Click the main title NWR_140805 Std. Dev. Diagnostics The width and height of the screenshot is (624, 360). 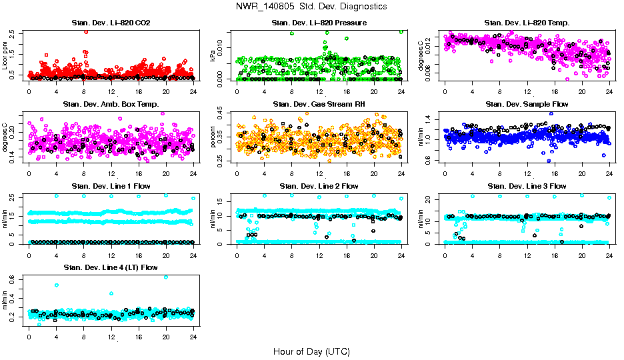click(x=311, y=6)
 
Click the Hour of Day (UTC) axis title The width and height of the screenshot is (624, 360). click(x=311, y=351)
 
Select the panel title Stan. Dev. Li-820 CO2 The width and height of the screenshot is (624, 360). click(x=111, y=23)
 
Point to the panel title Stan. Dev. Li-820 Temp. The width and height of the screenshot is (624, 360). click(x=527, y=23)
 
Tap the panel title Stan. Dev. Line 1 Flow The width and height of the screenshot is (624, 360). click(x=111, y=185)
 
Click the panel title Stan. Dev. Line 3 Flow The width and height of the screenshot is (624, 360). click(x=527, y=185)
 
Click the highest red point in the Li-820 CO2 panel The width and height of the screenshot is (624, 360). click(x=86, y=32)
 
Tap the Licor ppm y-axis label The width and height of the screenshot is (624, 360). click(x=5, y=55)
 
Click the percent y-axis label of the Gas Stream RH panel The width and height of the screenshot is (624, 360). click(x=213, y=136)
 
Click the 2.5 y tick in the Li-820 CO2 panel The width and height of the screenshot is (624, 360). click(x=16, y=32)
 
